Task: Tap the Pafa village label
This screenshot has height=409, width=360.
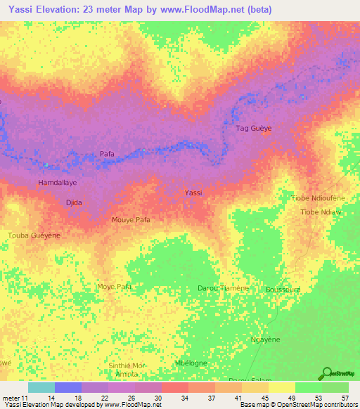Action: coord(107,153)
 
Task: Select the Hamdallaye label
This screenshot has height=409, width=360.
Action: coord(57,182)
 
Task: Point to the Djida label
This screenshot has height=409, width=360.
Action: coord(74,202)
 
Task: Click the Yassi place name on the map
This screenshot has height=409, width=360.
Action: coord(193,193)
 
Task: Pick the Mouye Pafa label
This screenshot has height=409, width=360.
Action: coord(131,220)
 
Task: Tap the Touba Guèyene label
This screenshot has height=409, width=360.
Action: coord(34,235)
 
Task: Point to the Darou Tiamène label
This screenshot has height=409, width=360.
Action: coord(223,289)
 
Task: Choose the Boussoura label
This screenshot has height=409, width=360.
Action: coord(283,290)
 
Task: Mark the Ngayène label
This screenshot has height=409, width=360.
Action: coord(266,339)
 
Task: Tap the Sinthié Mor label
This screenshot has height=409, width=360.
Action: coord(126,366)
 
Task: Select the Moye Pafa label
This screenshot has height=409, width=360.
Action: coord(115,287)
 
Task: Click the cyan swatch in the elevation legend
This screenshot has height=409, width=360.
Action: coord(41,387)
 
